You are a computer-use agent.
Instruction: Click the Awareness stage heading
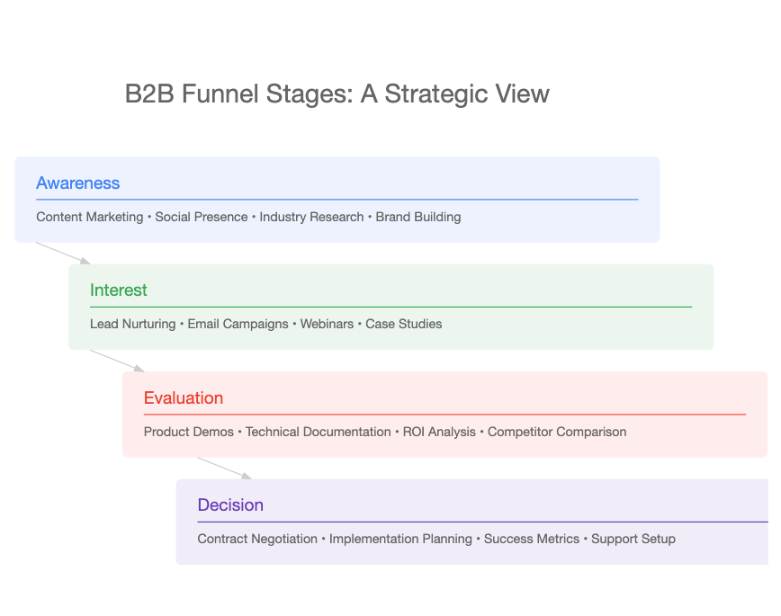pyautogui.click(x=77, y=183)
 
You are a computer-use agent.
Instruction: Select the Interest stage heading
pyautogui.click(x=119, y=290)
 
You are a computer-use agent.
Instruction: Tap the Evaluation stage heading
pyautogui.click(x=184, y=397)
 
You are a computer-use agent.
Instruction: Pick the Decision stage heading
pyautogui.click(x=230, y=505)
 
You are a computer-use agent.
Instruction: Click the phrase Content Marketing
pyautogui.click(x=90, y=217)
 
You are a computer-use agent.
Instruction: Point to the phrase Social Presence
pyautogui.click(x=202, y=217)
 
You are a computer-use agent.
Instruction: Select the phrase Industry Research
pyautogui.click(x=311, y=217)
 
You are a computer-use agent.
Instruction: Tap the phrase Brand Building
pyautogui.click(x=418, y=217)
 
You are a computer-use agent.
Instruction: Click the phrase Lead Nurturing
pyautogui.click(x=132, y=324)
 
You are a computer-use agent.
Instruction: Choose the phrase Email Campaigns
pyautogui.click(x=238, y=324)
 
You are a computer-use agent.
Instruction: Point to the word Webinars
pyautogui.click(x=327, y=324)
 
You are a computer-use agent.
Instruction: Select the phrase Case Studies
pyautogui.click(x=403, y=324)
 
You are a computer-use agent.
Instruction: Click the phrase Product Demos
pyautogui.click(x=188, y=432)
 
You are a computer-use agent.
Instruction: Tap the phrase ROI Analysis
pyautogui.click(x=439, y=432)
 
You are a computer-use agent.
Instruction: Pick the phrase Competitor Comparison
pyautogui.click(x=557, y=432)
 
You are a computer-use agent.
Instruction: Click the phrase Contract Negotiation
pyautogui.click(x=257, y=539)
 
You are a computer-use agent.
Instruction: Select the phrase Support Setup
pyautogui.click(x=633, y=539)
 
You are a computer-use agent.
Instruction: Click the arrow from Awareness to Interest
pyautogui.click(x=63, y=254)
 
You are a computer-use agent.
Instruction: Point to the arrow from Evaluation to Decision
pyautogui.click(x=225, y=469)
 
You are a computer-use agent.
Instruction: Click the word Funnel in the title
pyautogui.click(x=220, y=94)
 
